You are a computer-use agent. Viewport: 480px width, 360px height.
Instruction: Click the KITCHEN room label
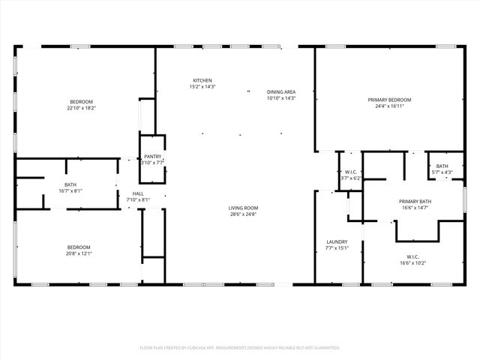point(202,80)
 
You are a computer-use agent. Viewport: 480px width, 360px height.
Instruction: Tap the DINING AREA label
point(281,92)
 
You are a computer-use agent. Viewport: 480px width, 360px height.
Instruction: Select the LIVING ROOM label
point(244,208)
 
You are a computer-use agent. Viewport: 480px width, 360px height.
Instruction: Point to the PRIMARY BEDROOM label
point(389,100)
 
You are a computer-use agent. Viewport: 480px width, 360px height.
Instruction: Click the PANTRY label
point(153,156)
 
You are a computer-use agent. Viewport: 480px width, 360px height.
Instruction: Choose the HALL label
point(138,193)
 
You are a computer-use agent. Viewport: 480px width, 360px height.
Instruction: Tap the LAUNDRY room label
point(337,241)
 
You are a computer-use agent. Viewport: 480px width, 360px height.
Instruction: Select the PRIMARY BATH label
point(415,201)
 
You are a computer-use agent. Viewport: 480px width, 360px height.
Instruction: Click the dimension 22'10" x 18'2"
point(82,108)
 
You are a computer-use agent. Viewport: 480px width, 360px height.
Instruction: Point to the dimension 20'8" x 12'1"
point(79,253)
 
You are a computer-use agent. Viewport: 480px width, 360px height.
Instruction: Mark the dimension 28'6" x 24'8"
point(244,214)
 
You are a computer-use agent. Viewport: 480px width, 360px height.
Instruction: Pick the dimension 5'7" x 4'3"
point(442,172)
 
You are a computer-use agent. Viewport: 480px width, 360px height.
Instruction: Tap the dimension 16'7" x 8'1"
point(70,190)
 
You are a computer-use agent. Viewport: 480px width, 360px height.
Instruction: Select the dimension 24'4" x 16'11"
point(389,106)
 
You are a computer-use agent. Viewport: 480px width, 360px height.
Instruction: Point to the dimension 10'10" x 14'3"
point(281,98)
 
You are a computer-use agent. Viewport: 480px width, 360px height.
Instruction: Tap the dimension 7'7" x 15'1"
point(337,248)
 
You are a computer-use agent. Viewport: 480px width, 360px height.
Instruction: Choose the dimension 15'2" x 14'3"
point(202,87)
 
